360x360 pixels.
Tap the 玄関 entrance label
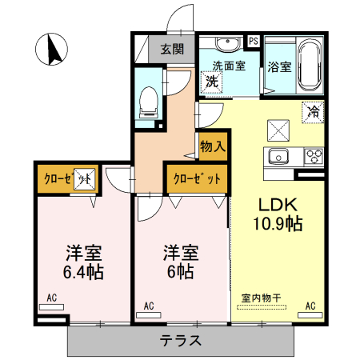tap(172, 49)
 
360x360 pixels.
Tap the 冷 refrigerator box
tap(313, 113)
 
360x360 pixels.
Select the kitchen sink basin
tap(278, 155)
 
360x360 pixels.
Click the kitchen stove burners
tap(313, 155)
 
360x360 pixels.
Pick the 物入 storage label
tap(213, 146)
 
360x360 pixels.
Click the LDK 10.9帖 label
tap(278, 214)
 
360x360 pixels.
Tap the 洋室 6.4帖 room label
tap(84, 262)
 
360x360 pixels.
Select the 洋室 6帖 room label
tap(181, 262)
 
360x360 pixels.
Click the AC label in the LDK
tap(310, 306)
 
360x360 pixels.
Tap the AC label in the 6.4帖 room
tap(52, 298)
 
